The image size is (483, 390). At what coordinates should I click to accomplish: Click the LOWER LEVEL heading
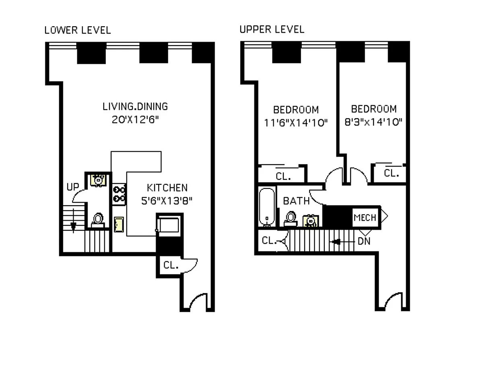pos(78,30)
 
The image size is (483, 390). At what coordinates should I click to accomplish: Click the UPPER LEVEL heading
pos(272,29)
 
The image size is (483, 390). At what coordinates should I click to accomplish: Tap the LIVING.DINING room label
pos(135,106)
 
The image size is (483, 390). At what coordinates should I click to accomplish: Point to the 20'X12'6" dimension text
pos(135,120)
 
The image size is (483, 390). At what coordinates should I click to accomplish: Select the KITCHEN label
pos(167,188)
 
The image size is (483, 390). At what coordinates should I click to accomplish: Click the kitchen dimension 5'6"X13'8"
pos(167,201)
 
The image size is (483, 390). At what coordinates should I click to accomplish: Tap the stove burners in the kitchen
pos(119,194)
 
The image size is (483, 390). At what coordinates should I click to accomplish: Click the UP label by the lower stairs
pos(73,187)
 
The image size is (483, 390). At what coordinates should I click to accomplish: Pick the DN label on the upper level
pos(364,241)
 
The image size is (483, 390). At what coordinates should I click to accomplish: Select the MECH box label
pos(365,218)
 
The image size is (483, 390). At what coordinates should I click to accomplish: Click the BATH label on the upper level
pos(296,201)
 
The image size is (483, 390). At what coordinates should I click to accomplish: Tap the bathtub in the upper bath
pos(267,207)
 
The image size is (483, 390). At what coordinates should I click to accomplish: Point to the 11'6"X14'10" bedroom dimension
pos(296,123)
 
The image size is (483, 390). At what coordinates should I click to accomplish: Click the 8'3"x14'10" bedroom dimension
pos(374,122)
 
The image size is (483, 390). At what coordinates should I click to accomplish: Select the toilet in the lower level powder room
pos(98,220)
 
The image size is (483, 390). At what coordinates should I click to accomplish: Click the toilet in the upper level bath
pos(291,218)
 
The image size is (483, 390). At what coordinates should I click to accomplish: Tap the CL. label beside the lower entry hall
pos(171,265)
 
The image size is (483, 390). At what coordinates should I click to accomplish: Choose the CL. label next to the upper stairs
pos(269,241)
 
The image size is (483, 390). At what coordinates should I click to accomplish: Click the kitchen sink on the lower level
pos(119,224)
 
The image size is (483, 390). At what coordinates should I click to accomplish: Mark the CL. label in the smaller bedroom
pos(391,173)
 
